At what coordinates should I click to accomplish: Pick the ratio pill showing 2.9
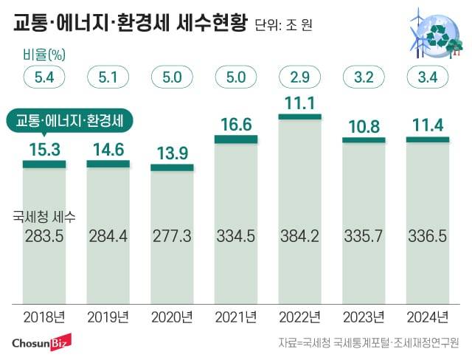coord(299,76)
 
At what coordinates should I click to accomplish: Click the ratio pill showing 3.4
coord(427,76)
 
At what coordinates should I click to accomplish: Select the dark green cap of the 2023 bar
coord(364,139)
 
